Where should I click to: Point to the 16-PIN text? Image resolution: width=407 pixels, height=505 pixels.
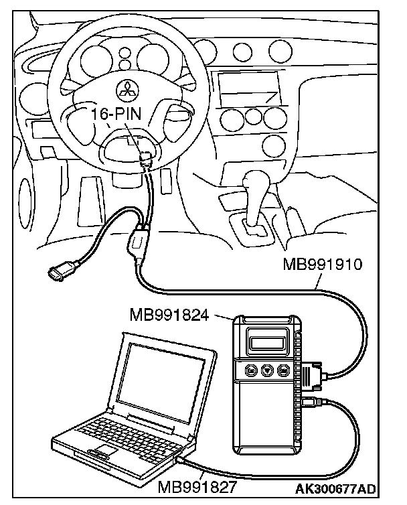[x=117, y=115]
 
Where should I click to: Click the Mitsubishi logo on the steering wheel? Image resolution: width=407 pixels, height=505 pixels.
[x=126, y=88]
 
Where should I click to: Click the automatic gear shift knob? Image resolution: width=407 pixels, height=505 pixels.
[x=256, y=182]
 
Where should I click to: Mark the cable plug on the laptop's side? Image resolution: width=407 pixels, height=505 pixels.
[x=182, y=461]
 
